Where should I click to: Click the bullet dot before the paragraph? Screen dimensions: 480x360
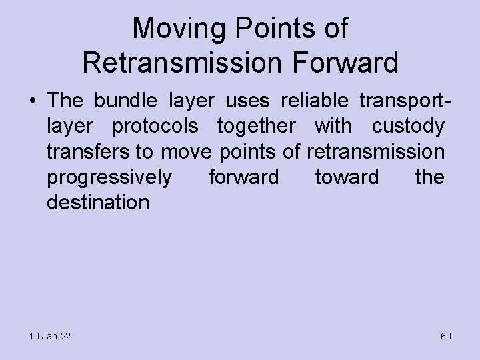tap(32, 101)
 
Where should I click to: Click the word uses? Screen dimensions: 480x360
tap(248, 101)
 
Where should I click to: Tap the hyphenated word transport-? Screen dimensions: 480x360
tap(403, 101)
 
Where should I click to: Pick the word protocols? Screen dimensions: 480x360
tap(155, 127)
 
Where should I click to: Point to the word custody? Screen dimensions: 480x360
tap(407, 127)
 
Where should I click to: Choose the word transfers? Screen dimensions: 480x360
tap(89, 152)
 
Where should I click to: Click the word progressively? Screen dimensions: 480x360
tap(109, 178)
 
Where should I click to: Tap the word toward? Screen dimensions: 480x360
tap(346, 178)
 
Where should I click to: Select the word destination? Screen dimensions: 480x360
tap(98, 202)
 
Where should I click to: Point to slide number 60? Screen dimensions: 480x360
tap(445, 336)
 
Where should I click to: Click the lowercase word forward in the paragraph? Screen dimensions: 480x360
tap(243, 178)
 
